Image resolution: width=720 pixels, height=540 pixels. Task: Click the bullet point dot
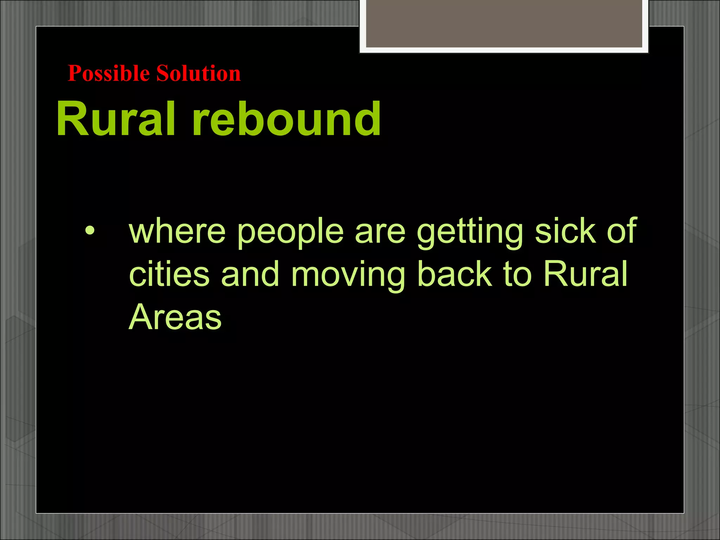[90, 231]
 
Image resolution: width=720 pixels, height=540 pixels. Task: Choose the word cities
[169, 274]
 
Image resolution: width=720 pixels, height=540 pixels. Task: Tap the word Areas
[175, 317]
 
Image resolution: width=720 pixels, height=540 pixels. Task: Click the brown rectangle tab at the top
[504, 23]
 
